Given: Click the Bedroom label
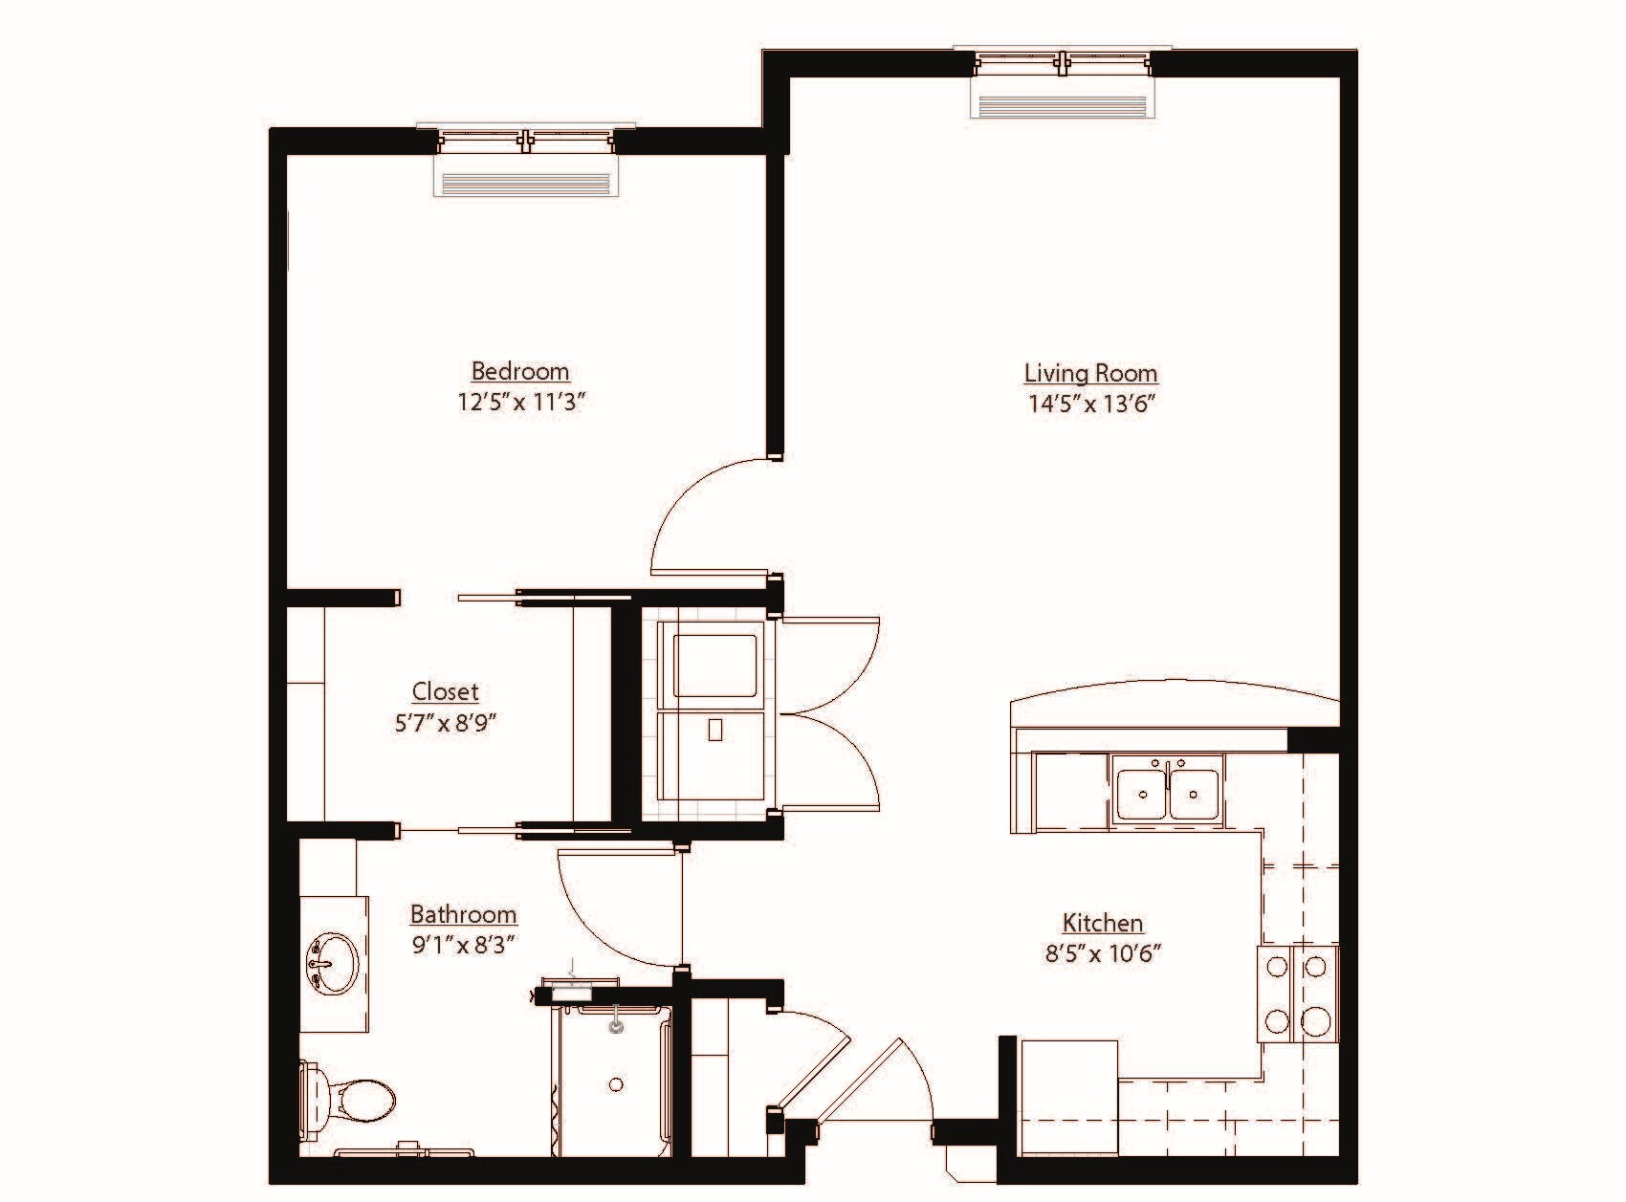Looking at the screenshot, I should (x=520, y=371).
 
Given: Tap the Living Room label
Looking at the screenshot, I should (x=1090, y=373).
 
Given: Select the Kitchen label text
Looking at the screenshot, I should (x=1103, y=923).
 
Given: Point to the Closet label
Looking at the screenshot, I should (x=445, y=691).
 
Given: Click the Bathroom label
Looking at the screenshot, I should (x=463, y=914).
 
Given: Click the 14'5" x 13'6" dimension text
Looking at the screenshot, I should (x=1092, y=404).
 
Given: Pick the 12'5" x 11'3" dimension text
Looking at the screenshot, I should (x=520, y=402).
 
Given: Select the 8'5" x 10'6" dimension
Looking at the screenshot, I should (x=1103, y=953).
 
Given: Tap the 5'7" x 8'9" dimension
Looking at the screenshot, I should (x=446, y=723).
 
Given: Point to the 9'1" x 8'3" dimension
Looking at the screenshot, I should (x=464, y=945).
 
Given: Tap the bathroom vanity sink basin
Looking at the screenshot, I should (x=331, y=962).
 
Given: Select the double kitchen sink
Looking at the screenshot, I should (x=1167, y=790).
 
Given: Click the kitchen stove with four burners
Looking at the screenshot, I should (x=1298, y=994).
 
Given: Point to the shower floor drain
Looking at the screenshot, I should (x=616, y=1084).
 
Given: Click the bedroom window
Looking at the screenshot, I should (x=526, y=142).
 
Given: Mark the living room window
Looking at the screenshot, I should (x=1063, y=63).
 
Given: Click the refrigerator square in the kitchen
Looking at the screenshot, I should (x=1069, y=1098).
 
